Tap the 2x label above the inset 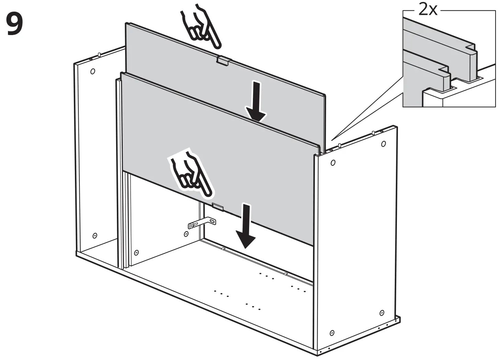pyautogui.click(x=428, y=10)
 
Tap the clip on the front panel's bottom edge pyautogui.click(x=218, y=206)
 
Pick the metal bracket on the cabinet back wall pyautogui.click(x=202, y=223)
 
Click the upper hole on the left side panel pyautogui.click(x=92, y=71)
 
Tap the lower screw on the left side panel pyautogui.click(x=95, y=236)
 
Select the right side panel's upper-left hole pyautogui.click(x=333, y=163)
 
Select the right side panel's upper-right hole pyautogui.click(x=384, y=144)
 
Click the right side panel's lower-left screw pyautogui.click(x=332, y=333)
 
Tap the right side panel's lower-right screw pyautogui.click(x=382, y=313)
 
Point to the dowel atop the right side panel pyautogui.click(x=340, y=146)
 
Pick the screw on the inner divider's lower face pyautogui.click(x=136, y=252)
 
